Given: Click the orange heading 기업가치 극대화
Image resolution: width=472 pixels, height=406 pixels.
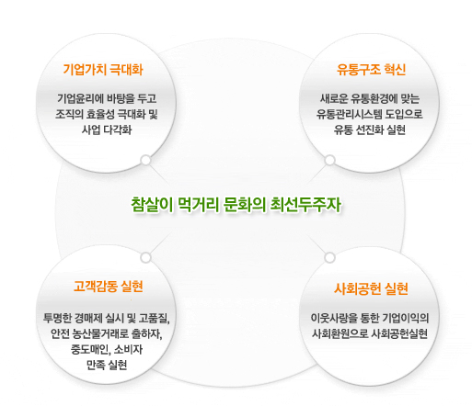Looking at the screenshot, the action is [103, 70].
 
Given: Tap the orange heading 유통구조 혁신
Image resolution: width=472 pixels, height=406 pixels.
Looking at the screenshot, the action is [371, 70].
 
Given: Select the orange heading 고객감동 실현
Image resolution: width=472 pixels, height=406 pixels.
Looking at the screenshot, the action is [109, 287].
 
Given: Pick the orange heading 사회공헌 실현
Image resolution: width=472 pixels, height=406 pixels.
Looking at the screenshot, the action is [371, 288].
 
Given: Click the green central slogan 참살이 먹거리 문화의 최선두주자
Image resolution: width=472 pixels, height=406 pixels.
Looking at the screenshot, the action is [236, 204].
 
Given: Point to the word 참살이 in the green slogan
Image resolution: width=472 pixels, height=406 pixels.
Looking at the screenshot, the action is [152, 204].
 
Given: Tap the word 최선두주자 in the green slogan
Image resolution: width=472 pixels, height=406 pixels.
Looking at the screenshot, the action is [305, 204].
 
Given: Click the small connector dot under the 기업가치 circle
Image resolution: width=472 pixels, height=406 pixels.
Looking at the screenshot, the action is [146, 160].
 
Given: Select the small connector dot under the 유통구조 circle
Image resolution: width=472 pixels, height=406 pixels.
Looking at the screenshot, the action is [330, 160].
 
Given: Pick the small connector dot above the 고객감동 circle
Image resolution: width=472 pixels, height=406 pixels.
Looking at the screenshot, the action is [146, 257].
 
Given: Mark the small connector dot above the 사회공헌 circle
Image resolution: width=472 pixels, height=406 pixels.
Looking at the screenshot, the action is [329, 257].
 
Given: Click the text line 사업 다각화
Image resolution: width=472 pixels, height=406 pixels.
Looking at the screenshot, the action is [107, 130].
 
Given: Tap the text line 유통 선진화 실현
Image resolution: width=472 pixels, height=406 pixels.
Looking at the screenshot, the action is [370, 130].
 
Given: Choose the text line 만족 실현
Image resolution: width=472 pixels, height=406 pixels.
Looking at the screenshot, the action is [107, 365].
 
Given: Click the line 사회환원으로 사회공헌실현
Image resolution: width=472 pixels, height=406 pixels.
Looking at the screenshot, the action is [370, 333].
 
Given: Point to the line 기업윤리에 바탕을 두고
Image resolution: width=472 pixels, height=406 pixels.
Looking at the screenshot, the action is [107, 98].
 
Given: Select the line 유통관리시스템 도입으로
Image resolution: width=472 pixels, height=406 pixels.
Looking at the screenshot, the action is [370, 114].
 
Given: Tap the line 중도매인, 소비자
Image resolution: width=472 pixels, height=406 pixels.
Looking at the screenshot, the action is [107, 349].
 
